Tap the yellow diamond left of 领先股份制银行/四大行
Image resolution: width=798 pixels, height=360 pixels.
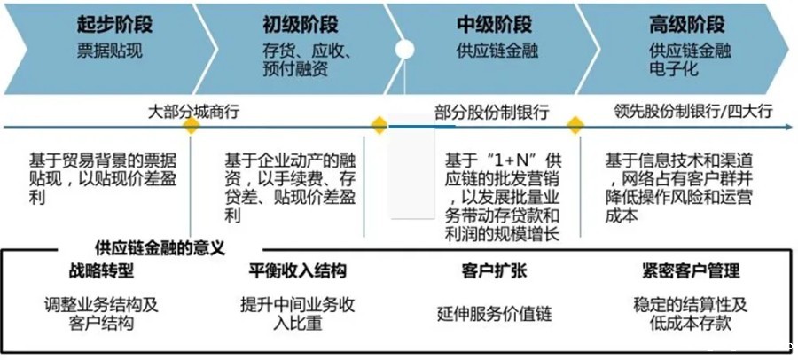tap(575, 125)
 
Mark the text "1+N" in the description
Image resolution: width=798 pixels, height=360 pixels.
tap(507, 160)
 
